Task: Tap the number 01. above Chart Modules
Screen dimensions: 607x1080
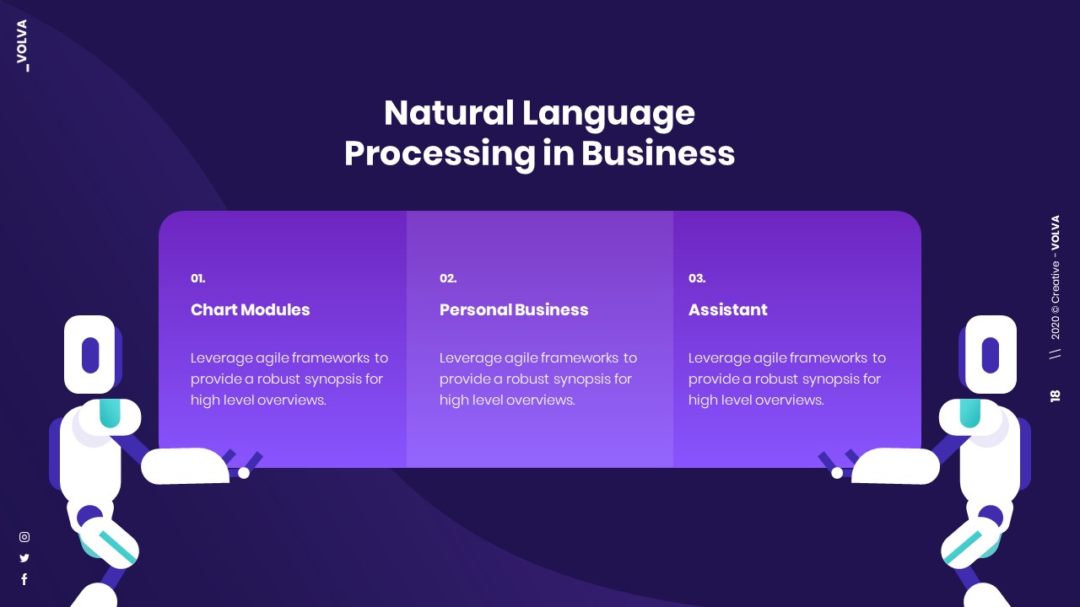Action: point(197,278)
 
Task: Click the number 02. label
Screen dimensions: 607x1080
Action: point(448,278)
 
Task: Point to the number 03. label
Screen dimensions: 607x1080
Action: point(697,278)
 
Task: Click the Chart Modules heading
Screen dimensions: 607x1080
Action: point(251,309)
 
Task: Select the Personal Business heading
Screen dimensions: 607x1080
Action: point(514,309)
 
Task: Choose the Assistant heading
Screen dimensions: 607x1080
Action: point(728,309)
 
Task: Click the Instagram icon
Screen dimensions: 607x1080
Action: point(24,537)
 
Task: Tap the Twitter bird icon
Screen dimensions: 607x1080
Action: point(24,557)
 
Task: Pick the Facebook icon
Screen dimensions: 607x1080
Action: point(24,579)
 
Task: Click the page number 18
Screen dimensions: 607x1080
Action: point(1055,395)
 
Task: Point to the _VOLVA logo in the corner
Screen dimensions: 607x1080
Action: point(22,46)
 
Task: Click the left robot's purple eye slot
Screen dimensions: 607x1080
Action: point(90,354)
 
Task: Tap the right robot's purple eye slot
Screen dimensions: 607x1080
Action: point(991,354)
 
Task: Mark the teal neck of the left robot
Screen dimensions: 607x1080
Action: point(110,413)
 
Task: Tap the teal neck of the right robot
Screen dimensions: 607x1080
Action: point(970,413)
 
